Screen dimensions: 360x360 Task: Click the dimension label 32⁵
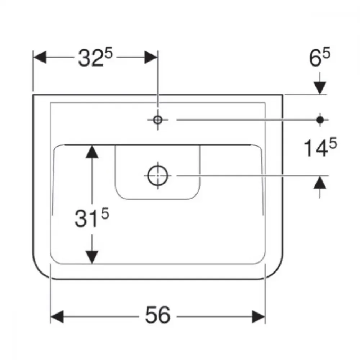[95, 57]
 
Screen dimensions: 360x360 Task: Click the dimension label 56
[158, 315]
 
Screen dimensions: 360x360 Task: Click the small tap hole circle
[158, 120]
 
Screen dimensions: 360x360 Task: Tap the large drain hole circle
[158, 176]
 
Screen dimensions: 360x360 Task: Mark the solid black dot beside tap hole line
[320, 120]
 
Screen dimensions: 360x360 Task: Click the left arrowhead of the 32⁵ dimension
[40, 57]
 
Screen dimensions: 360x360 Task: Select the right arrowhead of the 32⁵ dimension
[151, 57]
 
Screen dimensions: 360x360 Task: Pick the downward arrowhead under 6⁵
[320, 88]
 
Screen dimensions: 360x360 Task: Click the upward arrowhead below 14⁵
[320, 183]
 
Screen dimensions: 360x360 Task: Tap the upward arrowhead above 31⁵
[92, 152]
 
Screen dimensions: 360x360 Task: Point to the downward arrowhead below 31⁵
[92, 257]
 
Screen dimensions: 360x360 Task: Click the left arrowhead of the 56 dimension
[57, 316]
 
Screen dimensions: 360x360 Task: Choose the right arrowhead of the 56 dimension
[258, 316]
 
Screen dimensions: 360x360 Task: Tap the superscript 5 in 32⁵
[108, 53]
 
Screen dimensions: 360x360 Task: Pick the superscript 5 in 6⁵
[326, 53]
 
